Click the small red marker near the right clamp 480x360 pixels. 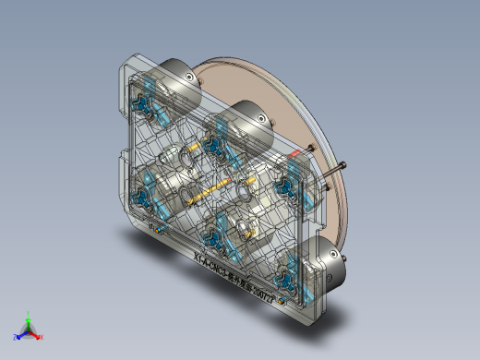tap(294, 150)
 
